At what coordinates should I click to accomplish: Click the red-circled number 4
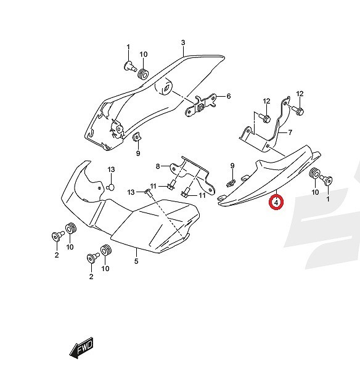point(276,203)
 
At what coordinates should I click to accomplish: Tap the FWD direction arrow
point(81,348)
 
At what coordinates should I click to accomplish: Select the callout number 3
point(183,43)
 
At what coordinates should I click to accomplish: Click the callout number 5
point(136,261)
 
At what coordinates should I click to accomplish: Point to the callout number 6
point(228,96)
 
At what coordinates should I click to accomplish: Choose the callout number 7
point(290,132)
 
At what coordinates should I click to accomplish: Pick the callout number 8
point(158,166)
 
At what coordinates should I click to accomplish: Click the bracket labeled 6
point(201,105)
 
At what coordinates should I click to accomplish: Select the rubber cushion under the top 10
point(143,73)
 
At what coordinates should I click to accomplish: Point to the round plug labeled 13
point(110,187)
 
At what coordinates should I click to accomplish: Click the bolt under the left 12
point(264,118)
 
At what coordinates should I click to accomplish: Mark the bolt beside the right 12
point(298,110)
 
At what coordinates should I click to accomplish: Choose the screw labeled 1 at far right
point(327,180)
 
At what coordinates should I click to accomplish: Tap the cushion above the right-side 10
point(314,174)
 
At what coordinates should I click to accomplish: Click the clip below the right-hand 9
point(231,183)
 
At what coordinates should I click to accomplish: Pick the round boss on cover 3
point(163,87)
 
